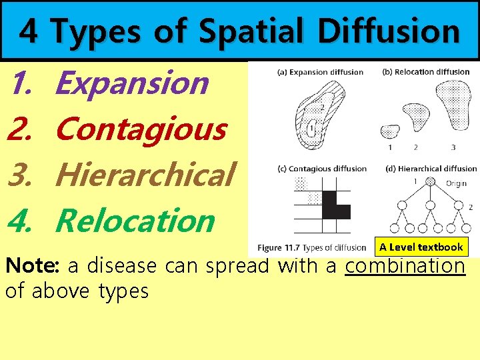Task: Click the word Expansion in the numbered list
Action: (x=132, y=83)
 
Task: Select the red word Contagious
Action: (x=141, y=129)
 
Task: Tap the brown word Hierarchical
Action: (x=145, y=175)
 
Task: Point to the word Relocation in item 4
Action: (x=135, y=221)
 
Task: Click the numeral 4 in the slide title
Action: (x=27, y=31)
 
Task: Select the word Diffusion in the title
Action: (x=389, y=31)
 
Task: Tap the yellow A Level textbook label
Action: (x=421, y=247)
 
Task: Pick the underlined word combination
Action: (x=405, y=266)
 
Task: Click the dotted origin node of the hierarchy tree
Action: (x=431, y=181)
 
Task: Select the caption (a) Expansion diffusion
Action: (x=321, y=72)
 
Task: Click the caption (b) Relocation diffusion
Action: (x=427, y=72)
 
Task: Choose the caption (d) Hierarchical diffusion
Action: (x=431, y=169)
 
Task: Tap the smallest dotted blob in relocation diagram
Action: (x=389, y=131)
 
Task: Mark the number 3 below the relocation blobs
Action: (x=453, y=147)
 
